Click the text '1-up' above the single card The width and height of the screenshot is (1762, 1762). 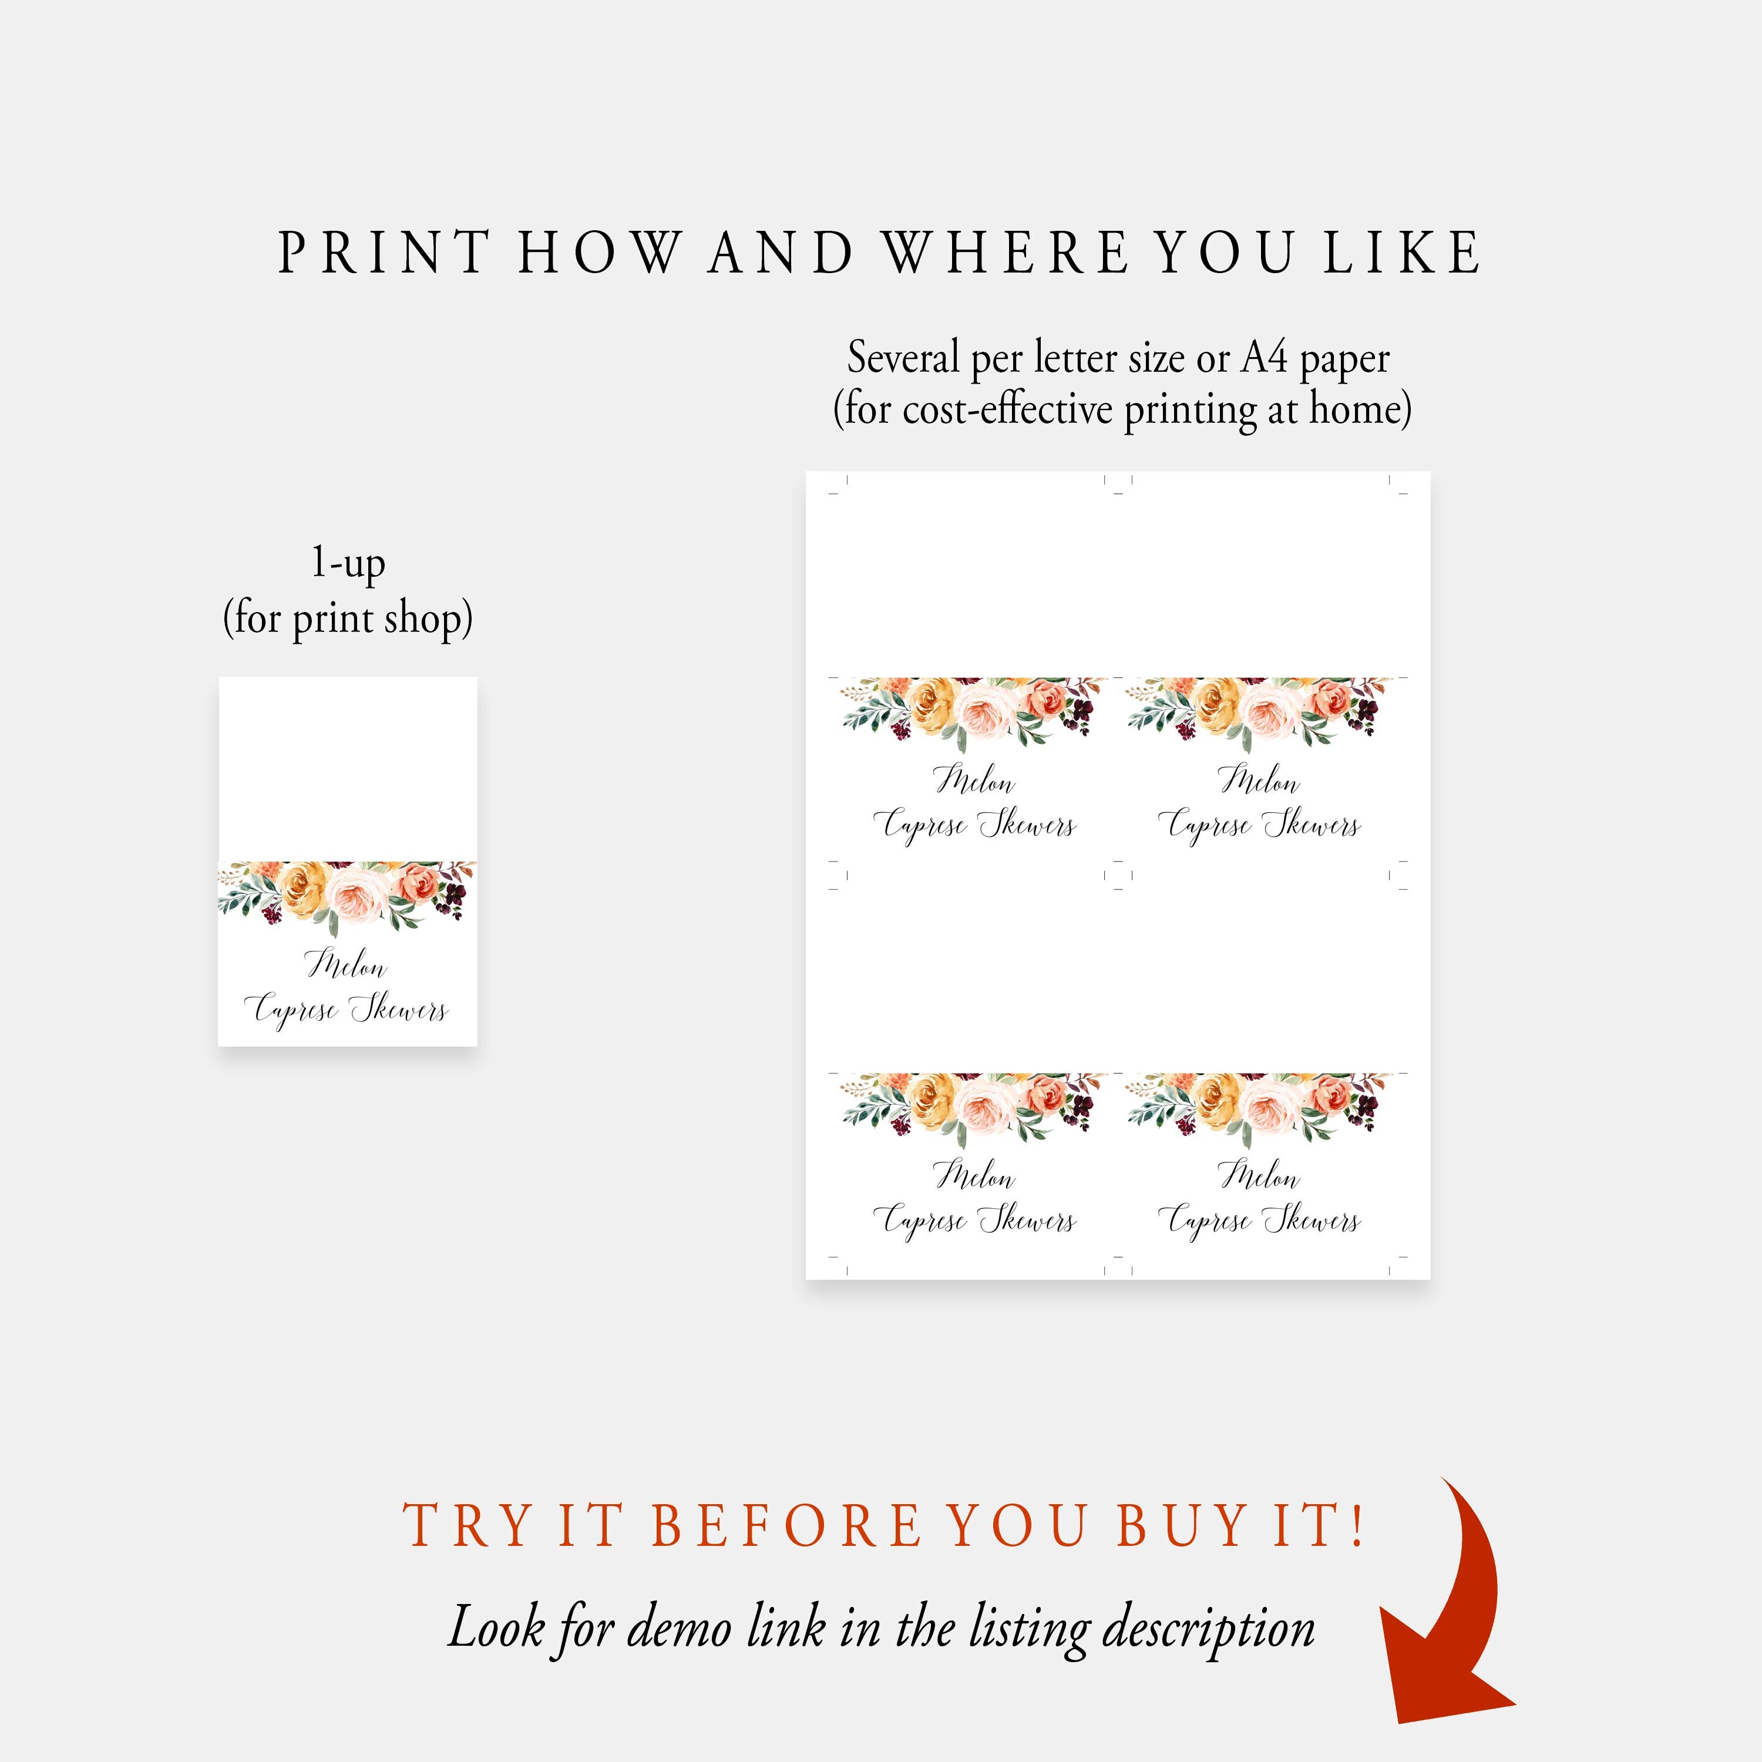(348, 563)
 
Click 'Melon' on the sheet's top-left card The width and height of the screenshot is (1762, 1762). (974, 781)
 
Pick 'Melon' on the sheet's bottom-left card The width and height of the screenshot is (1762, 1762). (974, 1176)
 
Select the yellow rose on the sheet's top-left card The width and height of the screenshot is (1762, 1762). (932, 704)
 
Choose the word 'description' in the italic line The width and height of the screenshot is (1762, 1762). (1208, 1629)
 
